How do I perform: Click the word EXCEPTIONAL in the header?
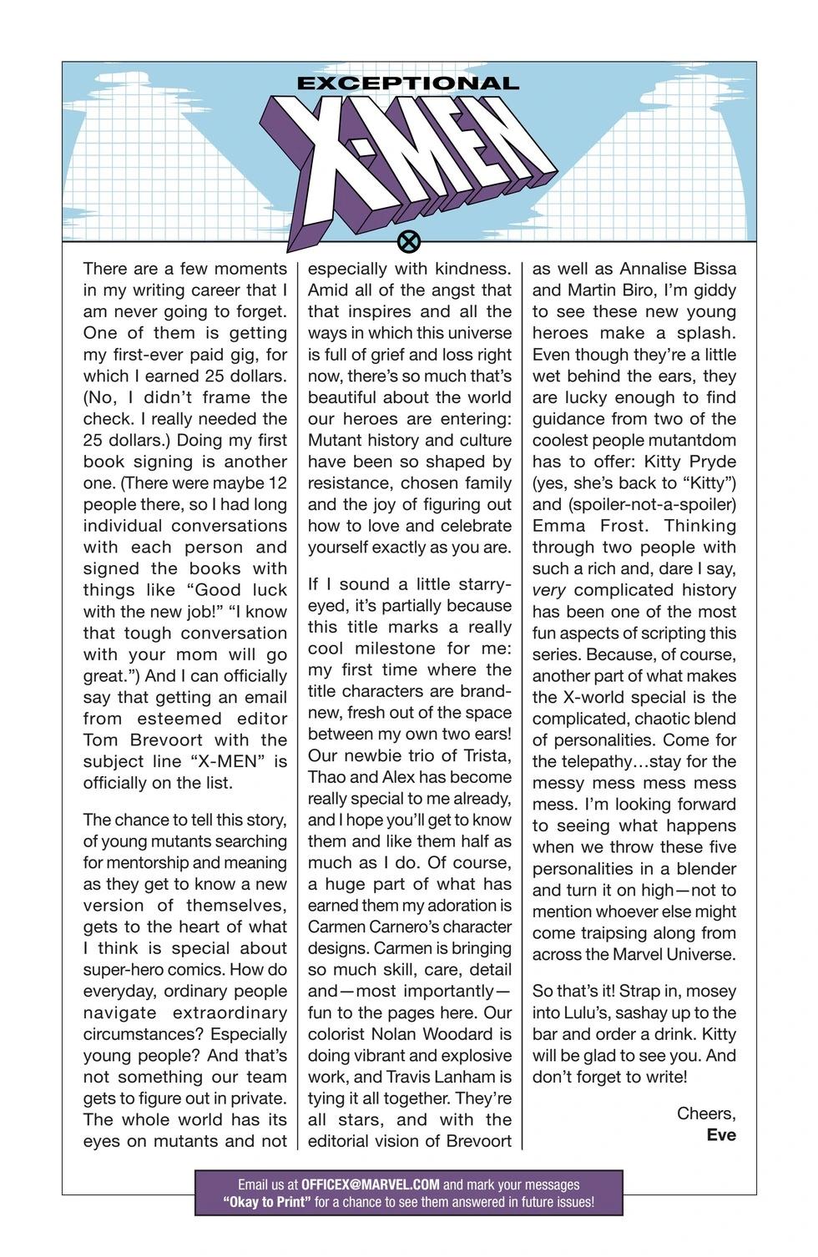point(408,83)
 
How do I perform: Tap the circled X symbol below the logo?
point(409,243)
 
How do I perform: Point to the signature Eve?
point(721,1135)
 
